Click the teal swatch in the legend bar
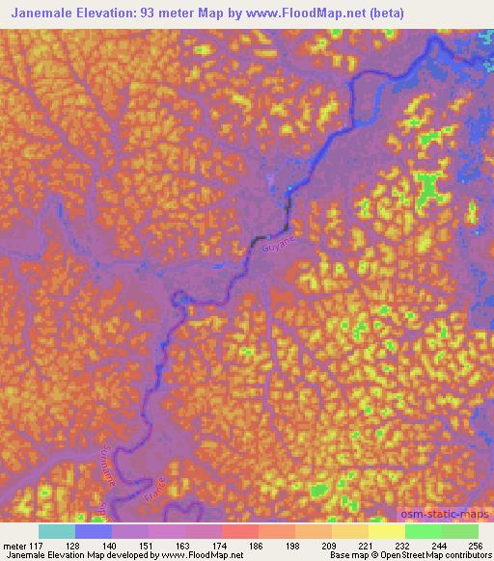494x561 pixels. pos(57,531)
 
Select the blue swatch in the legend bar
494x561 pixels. pos(94,531)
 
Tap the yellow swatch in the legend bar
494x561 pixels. pos(387,531)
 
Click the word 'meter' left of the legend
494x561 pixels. pos(14,545)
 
